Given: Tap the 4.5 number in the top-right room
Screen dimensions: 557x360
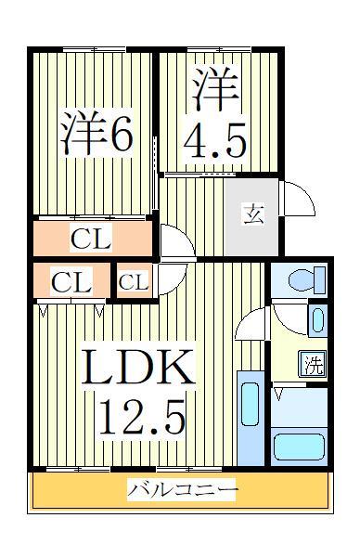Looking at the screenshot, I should [215, 142].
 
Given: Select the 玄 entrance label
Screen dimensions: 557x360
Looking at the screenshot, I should [253, 215].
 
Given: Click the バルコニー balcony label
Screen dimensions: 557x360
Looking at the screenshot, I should [183, 488].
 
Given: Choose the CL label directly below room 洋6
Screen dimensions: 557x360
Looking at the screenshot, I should [91, 240].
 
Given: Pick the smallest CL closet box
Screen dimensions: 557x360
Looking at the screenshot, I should [134, 282].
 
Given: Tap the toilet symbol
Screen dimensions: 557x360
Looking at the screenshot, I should [305, 278].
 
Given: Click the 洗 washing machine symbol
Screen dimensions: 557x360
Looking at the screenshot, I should [314, 364].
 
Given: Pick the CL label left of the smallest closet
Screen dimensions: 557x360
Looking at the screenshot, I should [71, 282].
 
